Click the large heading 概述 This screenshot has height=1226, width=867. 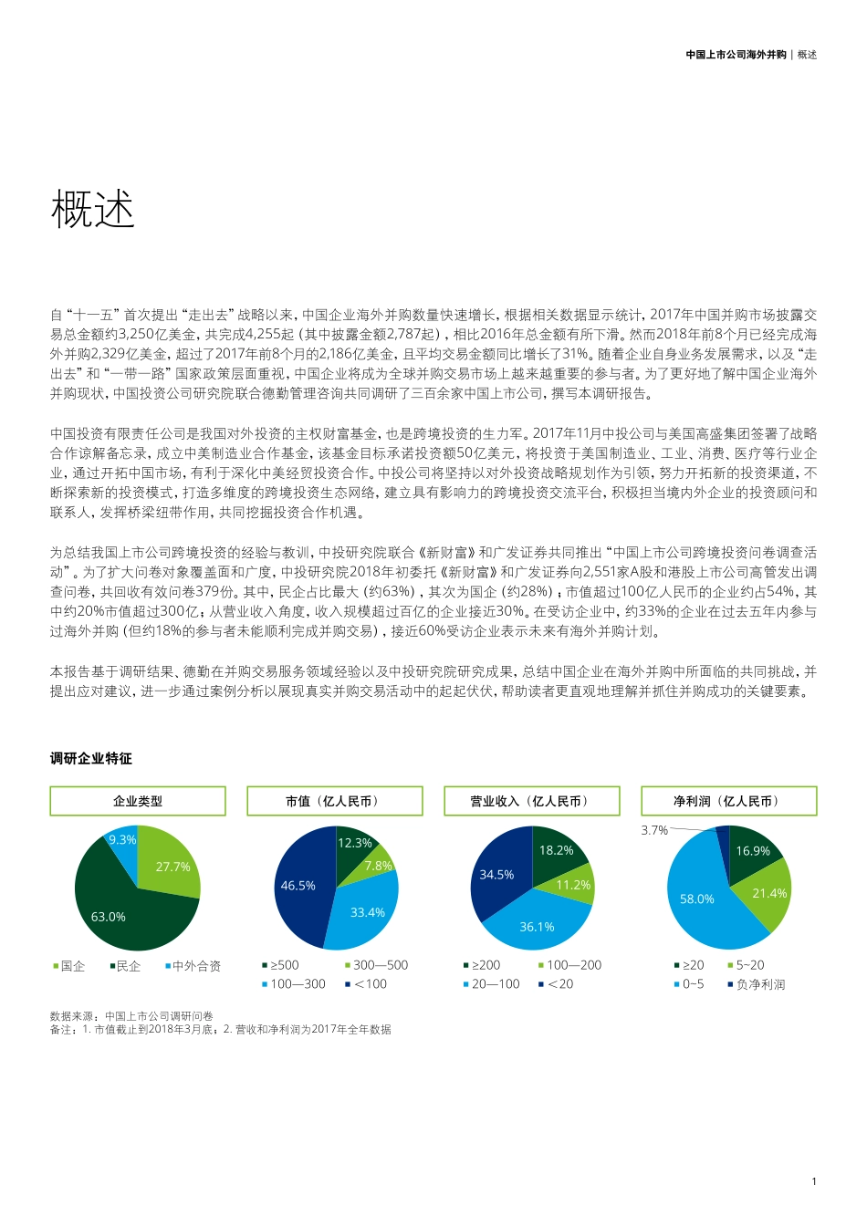pyautogui.click(x=93, y=209)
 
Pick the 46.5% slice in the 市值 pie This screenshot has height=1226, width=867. pyautogui.click(x=299, y=886)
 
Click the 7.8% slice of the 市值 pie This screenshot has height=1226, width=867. pyautogui.click(x=378, y=866)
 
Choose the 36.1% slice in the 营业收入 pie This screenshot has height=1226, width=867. pyautogui.click(x=536, y=927)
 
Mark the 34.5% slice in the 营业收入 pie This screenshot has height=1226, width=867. pyautogui.click(x=497, y=875)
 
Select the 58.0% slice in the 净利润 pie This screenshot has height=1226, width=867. pyautogui.click(x=698, y=899)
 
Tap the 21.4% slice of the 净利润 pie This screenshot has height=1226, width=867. pyautogui.click(x=768, y=893)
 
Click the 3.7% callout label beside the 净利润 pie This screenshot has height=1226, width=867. pyautogui.click(x=654, y=830)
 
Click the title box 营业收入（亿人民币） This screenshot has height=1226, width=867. pyautogui.click(x=531, y=801)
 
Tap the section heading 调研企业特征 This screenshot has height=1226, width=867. pyautogui.click(x=91, y=758)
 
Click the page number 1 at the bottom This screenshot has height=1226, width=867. pyautogui.click(x=813, y=1181)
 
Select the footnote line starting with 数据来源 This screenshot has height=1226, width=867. pyautogui.click(x=131, y=1015)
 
